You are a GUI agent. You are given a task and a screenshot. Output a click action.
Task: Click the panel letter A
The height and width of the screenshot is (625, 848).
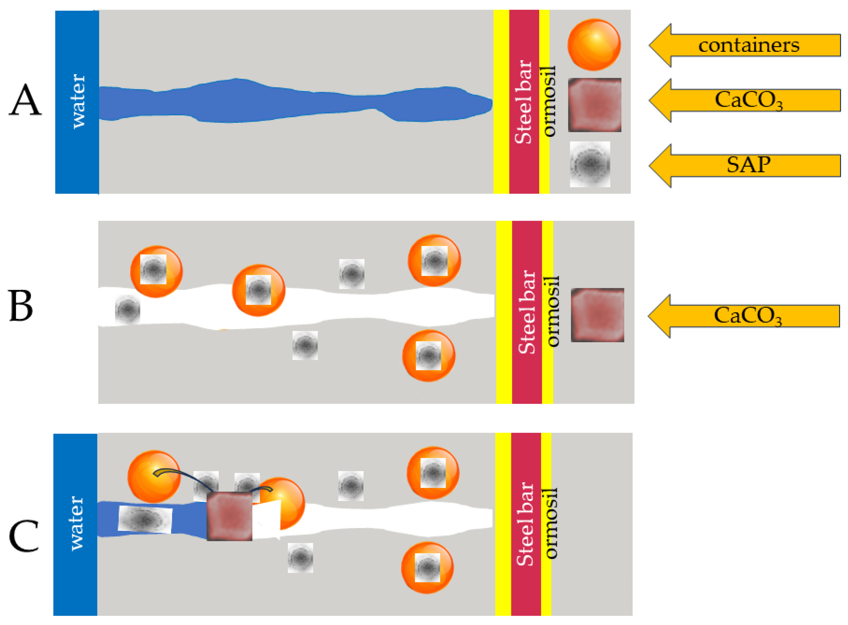[x=25, y=100]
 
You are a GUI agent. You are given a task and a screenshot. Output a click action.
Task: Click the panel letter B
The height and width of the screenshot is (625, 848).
[x=21, y=306]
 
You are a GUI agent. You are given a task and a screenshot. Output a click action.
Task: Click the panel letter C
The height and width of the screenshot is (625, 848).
[x=23, y=536]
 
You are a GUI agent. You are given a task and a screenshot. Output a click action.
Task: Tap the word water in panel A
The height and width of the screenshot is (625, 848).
[x=78, y=101]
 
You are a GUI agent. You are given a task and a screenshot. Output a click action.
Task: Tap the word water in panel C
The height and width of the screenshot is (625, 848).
[x=76, y=524]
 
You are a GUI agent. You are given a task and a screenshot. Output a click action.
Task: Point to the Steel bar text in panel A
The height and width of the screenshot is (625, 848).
[x=524, y=102]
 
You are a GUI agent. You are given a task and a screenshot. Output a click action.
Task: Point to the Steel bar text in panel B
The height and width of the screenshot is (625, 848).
[x=526, y=312]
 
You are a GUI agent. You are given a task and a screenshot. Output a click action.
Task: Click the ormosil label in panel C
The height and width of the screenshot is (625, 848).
[x=551, y=524]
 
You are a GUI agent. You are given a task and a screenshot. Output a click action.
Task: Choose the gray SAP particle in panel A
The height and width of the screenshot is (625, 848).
[x=590, y=164]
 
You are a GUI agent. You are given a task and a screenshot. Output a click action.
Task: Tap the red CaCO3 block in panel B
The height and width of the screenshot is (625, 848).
[x=597, y=315]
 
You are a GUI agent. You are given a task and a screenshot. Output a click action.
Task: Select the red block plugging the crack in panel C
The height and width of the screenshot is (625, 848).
[x=229, y=516]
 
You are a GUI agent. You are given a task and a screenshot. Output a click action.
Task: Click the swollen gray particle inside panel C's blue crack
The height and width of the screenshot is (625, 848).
[x=145, y=520]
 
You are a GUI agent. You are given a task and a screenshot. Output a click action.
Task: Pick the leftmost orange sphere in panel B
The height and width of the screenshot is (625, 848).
[x=156, y=272]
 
